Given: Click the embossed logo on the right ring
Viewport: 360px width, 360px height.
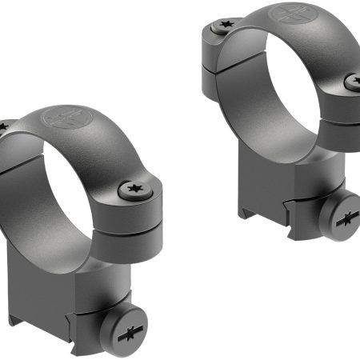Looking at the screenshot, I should pos(289,14).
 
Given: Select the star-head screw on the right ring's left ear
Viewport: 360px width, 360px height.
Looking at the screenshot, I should pos(218,30).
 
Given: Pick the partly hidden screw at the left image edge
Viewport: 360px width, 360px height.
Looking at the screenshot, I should pos(3,126).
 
